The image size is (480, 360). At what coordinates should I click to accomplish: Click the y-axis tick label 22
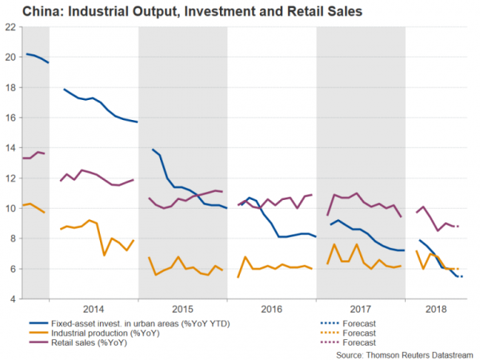[10, 26]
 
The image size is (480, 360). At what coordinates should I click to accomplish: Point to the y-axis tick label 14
[10, 147]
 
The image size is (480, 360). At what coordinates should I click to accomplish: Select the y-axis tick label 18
[10, 87]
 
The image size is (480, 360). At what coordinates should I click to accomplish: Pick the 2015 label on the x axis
[182, 309]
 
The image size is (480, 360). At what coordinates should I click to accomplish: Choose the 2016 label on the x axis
[272, 309]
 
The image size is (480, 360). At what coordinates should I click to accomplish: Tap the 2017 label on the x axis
[361, 309]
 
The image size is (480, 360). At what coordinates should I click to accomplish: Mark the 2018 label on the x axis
[437, 309]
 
